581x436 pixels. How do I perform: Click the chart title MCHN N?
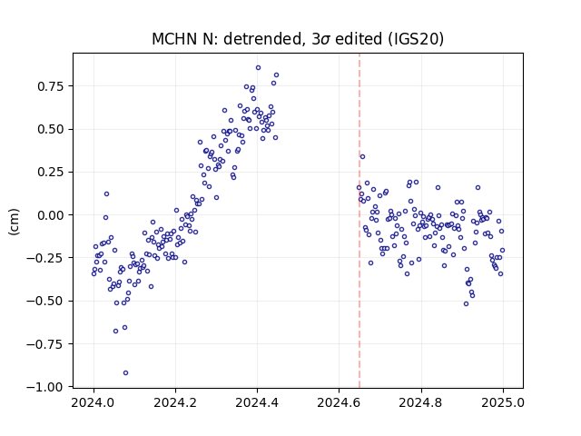click(x=182, y=39)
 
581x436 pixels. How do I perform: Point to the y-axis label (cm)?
click(x=14, y=222)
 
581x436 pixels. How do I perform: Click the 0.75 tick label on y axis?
click(x=51, y=86)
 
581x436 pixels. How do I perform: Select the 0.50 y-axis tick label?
click(x=51, y=129)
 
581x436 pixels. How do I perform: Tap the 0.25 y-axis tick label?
click(x=51, y=173)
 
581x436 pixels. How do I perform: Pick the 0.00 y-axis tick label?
click(x=51, y=215)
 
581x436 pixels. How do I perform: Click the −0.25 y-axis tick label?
click(x=45, y=258)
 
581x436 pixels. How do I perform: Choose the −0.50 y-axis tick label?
click(x=45, y=302)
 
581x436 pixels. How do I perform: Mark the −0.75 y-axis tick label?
click(x=45, y=344)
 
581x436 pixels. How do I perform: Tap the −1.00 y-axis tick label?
click(x=45, y=388)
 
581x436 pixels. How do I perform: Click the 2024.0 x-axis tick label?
click(x=94, y=402)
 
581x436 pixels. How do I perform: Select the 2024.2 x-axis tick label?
click(x=175, y=402)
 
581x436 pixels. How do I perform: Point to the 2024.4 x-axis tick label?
click(x=257, y=402)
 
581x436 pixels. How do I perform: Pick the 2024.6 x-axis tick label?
click(x=339, y=402)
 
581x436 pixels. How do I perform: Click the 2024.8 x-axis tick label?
click(x=421, y=402)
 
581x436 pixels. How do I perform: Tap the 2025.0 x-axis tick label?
click(x=503, y=402)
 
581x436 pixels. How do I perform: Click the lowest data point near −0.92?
click(x=125, y=372)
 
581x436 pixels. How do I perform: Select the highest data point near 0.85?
click(x=258, y=67)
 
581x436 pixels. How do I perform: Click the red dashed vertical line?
click(x=359, y=221)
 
